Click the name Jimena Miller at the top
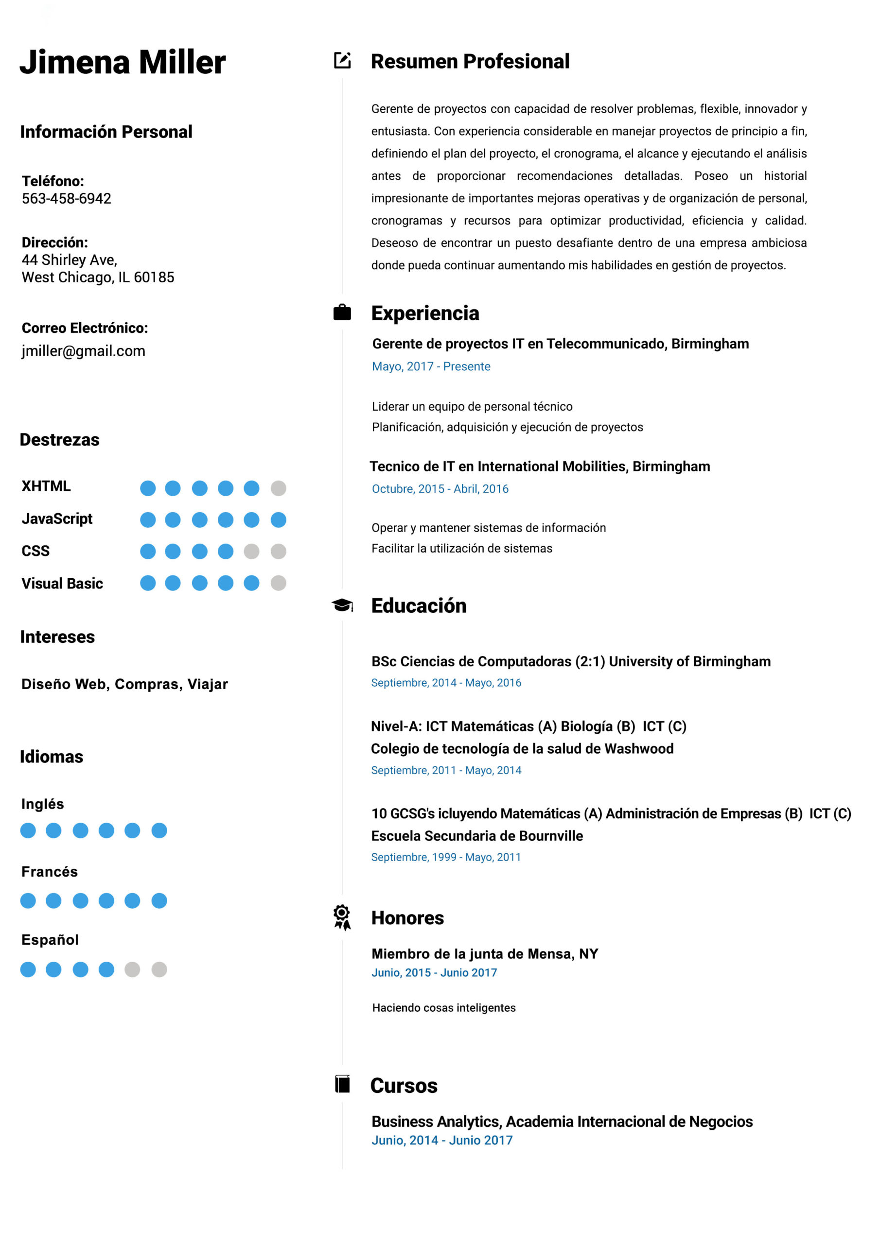pos(123,62)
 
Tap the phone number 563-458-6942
pos(66,198)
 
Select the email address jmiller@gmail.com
pos(84,351)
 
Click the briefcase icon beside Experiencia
pos(342,312)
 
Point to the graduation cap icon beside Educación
pos(342,605)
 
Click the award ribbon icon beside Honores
pos(342,917)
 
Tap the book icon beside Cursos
pos(342,1084)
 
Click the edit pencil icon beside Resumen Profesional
pos(342,60)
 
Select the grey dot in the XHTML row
pos(278,488)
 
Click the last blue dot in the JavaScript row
pos(278,519)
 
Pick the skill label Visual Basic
pos(62,584)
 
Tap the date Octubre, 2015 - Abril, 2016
pos(440,489)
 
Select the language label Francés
pos(49,871)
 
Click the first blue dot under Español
pos(28,969)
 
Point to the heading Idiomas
pos(52,757)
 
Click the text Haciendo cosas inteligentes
pos(443,1008)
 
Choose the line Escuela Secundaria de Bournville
pos(476,835)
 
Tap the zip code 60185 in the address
pos(154,277)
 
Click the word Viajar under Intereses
pos(208,684)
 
